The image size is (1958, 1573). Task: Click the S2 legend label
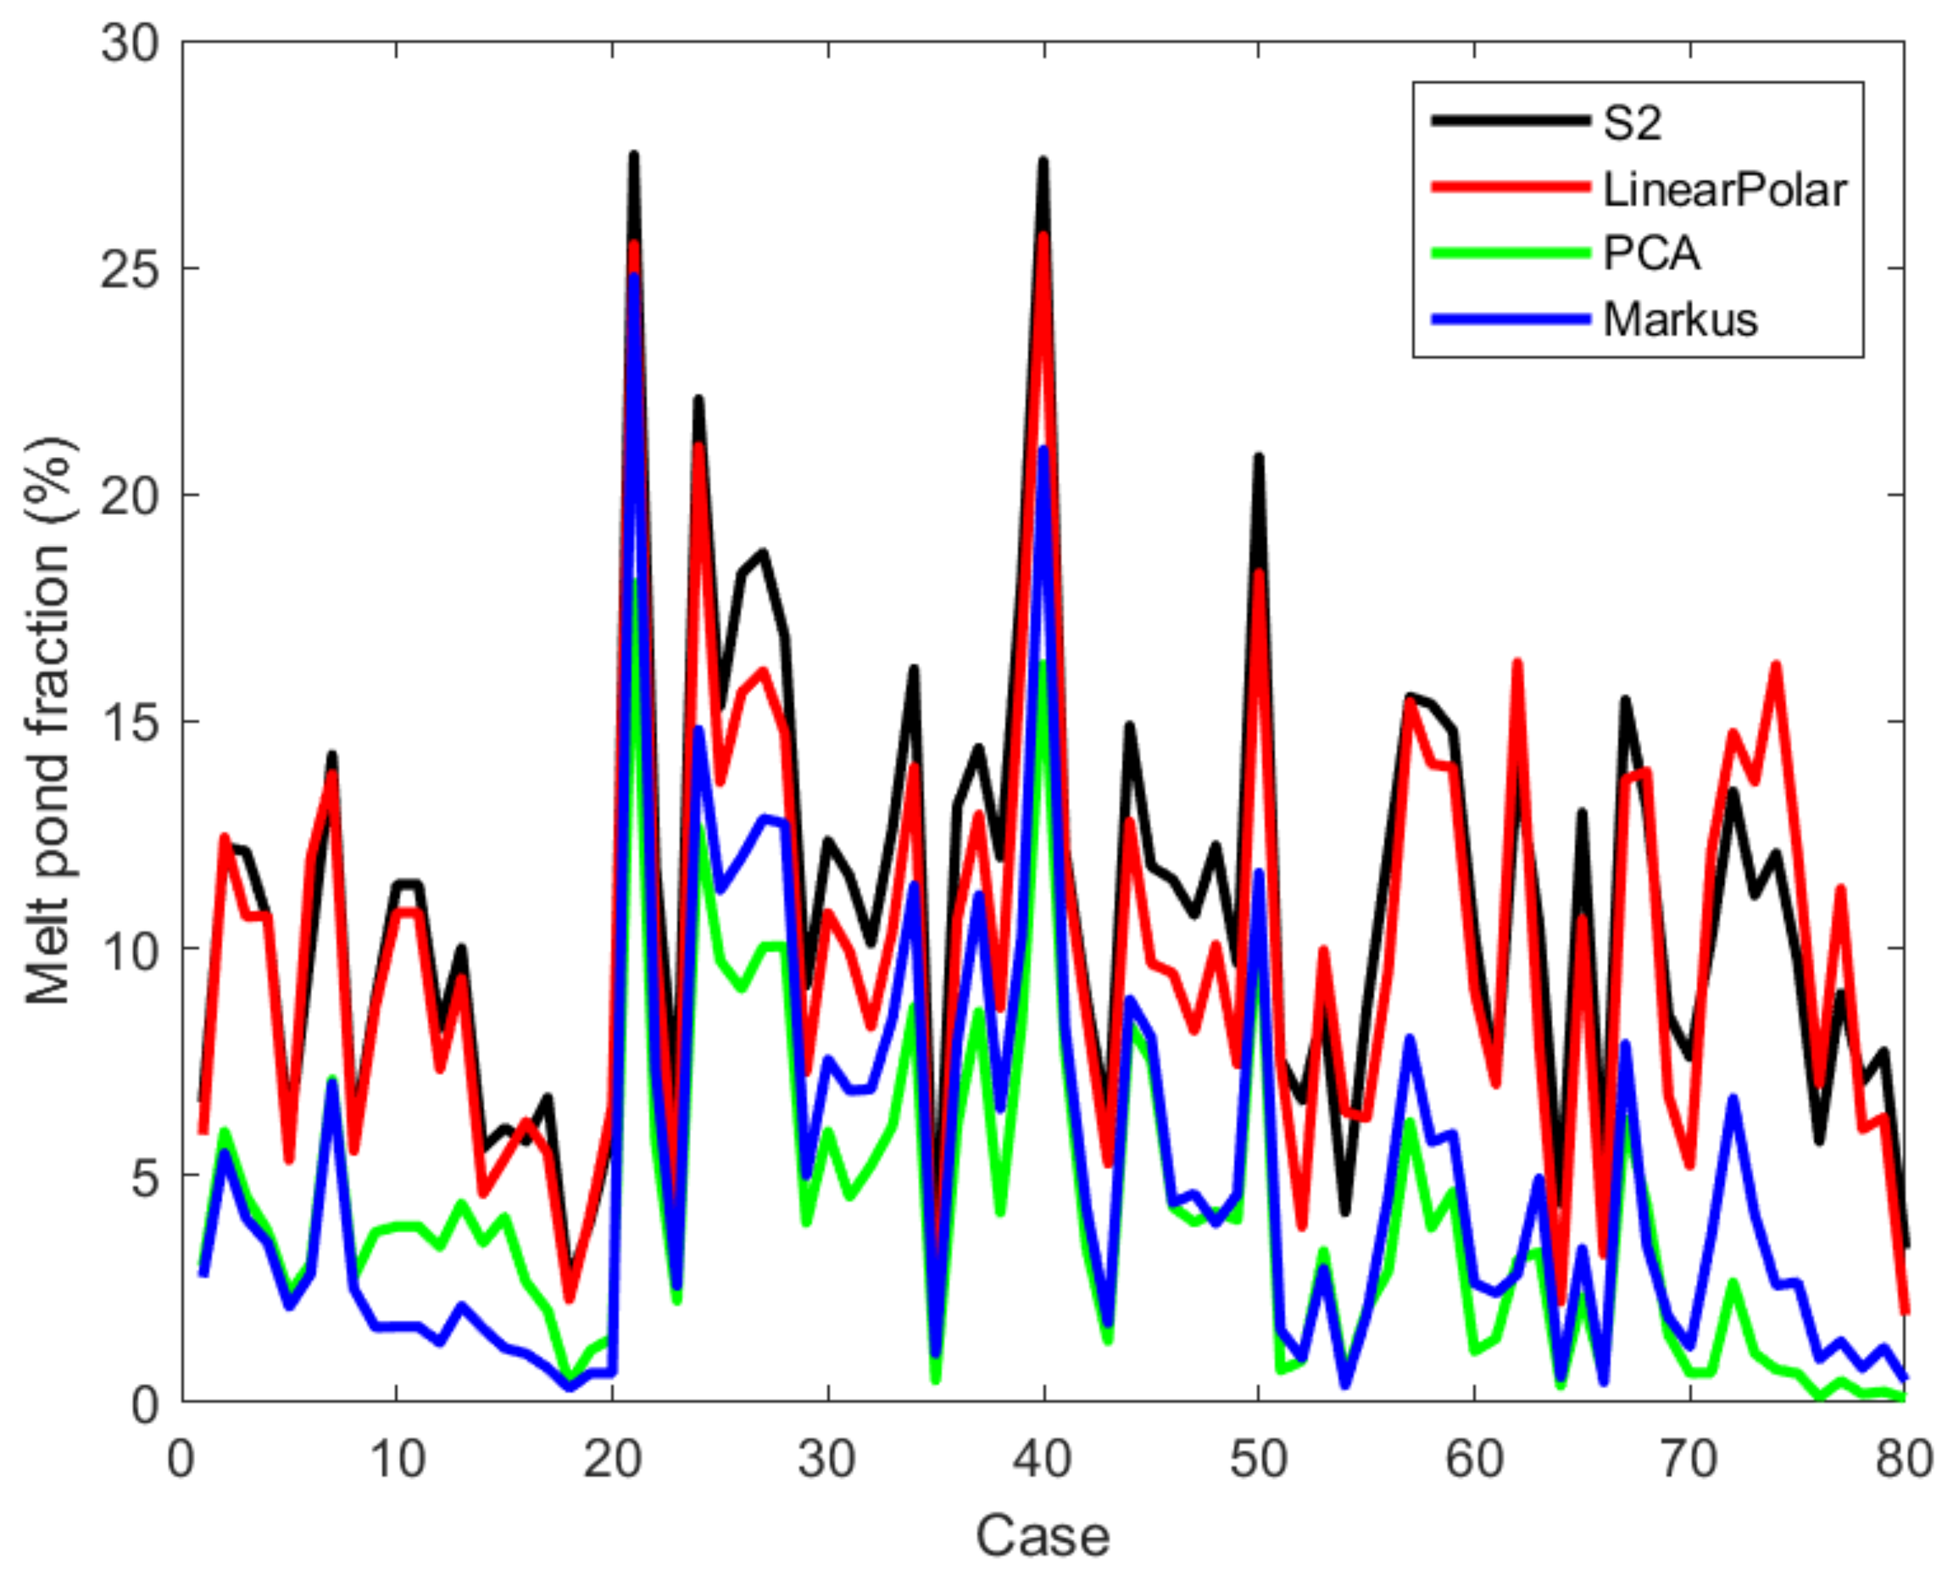[x=1631, y=123]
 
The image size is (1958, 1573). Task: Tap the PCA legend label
[x=1651, y=253]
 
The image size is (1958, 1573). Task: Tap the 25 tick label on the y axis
[x=129, y=270]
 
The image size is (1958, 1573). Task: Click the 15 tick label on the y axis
[x=129, y=723]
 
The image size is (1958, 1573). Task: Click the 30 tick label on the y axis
[x=129, y=44]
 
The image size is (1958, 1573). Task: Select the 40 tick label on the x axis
[x=1043, y=1459]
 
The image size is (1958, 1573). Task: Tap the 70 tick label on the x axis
[x=1689, y=1459]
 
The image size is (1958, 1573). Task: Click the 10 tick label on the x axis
[x=397, y=1459]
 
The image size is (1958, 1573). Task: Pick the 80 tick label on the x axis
[x=1903, y=1459]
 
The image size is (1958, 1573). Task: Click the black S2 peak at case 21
[x=634, y=156]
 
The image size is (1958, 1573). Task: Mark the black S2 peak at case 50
[x=1259, y=458]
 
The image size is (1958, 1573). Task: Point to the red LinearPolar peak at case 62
[x=1517, y=664]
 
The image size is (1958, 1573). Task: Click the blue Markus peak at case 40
[x=1043, y=450]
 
